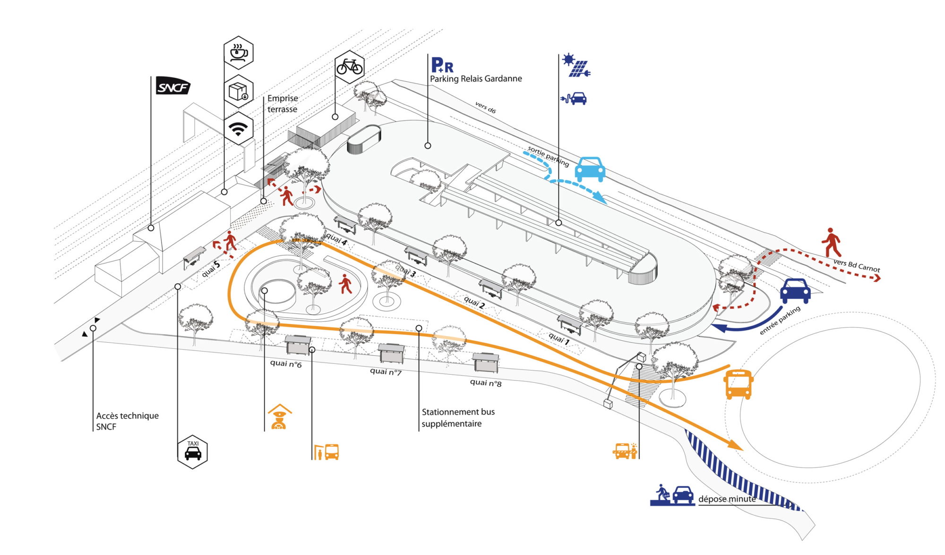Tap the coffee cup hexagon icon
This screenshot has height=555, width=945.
click(238, 52)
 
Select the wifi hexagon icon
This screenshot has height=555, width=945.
click(238, 128)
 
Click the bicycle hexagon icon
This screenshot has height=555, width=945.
click(349, 67)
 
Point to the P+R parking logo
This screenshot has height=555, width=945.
click(442, 65)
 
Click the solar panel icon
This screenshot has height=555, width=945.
click(576, 66)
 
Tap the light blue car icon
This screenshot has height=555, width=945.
click(590, 169)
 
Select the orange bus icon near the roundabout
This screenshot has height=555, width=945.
click(738, 384)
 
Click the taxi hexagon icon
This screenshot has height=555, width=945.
click(192, 452)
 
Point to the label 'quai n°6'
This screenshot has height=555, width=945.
click(286, 363)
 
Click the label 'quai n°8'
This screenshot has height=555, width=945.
click(486, 382)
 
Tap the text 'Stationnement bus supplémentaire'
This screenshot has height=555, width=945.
click(458, 418)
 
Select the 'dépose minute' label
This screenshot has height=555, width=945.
click(727, 499)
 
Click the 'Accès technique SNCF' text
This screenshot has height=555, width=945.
click(127, 421)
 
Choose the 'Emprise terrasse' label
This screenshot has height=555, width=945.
click(283, 104)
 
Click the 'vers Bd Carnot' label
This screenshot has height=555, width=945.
click(857, 265)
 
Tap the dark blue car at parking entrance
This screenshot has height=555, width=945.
click(795, 290)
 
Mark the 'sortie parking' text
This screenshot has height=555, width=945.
click(548, 156)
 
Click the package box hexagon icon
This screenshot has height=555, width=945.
click(238, 91)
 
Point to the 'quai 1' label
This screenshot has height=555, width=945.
click(559, 338)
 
